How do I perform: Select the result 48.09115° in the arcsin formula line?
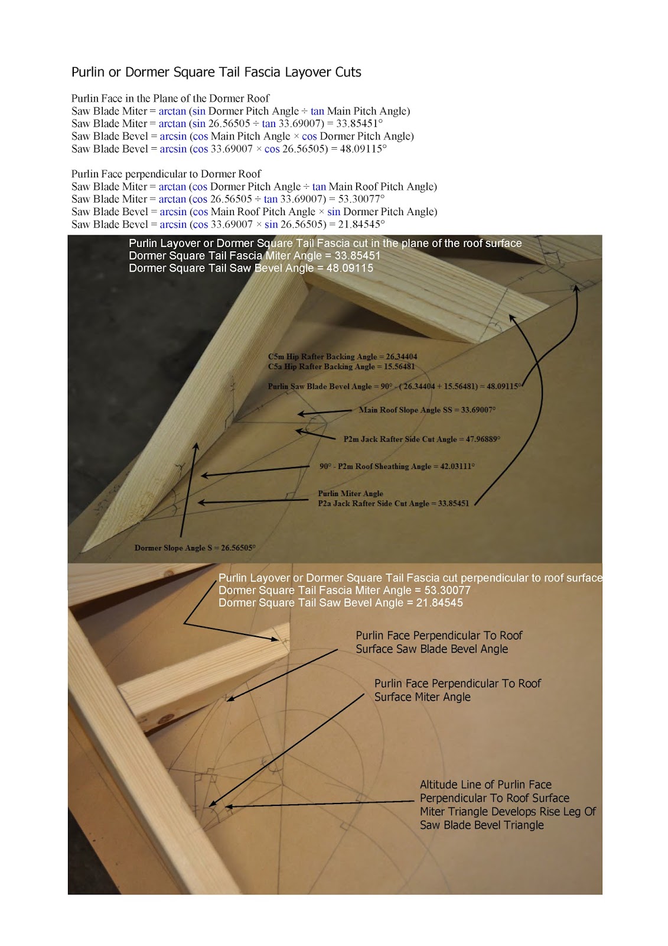(363, 149)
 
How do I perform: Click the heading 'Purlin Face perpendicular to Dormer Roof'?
(166, 174)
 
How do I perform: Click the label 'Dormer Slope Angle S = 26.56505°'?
(195, 548)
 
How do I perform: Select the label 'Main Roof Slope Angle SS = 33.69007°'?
(427, 410)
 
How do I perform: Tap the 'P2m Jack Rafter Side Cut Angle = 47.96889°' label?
(422, 439)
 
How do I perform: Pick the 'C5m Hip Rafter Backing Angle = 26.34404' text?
(343, 357)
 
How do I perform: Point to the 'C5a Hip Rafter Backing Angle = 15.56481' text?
(341, 367)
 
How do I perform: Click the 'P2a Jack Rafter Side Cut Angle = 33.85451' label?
(393, 504)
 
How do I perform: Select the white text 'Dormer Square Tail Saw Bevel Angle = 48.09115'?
(251, 268)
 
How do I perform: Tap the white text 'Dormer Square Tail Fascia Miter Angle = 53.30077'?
(344, 591)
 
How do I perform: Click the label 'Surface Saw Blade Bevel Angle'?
(432, 649)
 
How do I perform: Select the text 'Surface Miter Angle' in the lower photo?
(422, 697)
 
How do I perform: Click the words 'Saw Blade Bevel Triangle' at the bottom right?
(481, 825)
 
